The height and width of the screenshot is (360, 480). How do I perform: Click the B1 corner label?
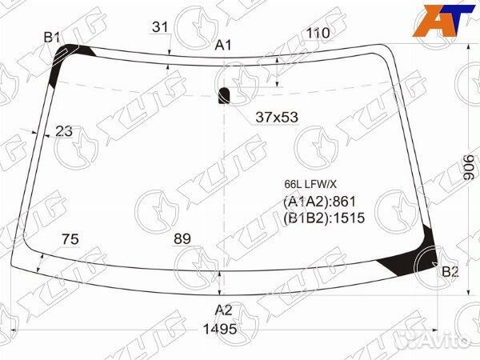tap(51, 38)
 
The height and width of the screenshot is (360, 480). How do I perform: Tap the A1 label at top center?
tap(223, 46)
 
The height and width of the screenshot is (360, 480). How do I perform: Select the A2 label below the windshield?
tap(223, 310)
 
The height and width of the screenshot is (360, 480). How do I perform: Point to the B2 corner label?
tap(450, 271)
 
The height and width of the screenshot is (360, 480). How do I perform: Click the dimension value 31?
tap(160, 27)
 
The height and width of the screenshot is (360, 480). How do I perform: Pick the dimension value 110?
tap(318, 33)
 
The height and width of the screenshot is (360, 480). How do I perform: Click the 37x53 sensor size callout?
tap(277, 117)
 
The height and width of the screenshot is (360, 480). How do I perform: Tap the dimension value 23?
tap(64, 131)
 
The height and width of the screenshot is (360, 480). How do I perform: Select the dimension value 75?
tap(70, 239)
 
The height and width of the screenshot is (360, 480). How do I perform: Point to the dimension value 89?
tap(182, 238)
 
